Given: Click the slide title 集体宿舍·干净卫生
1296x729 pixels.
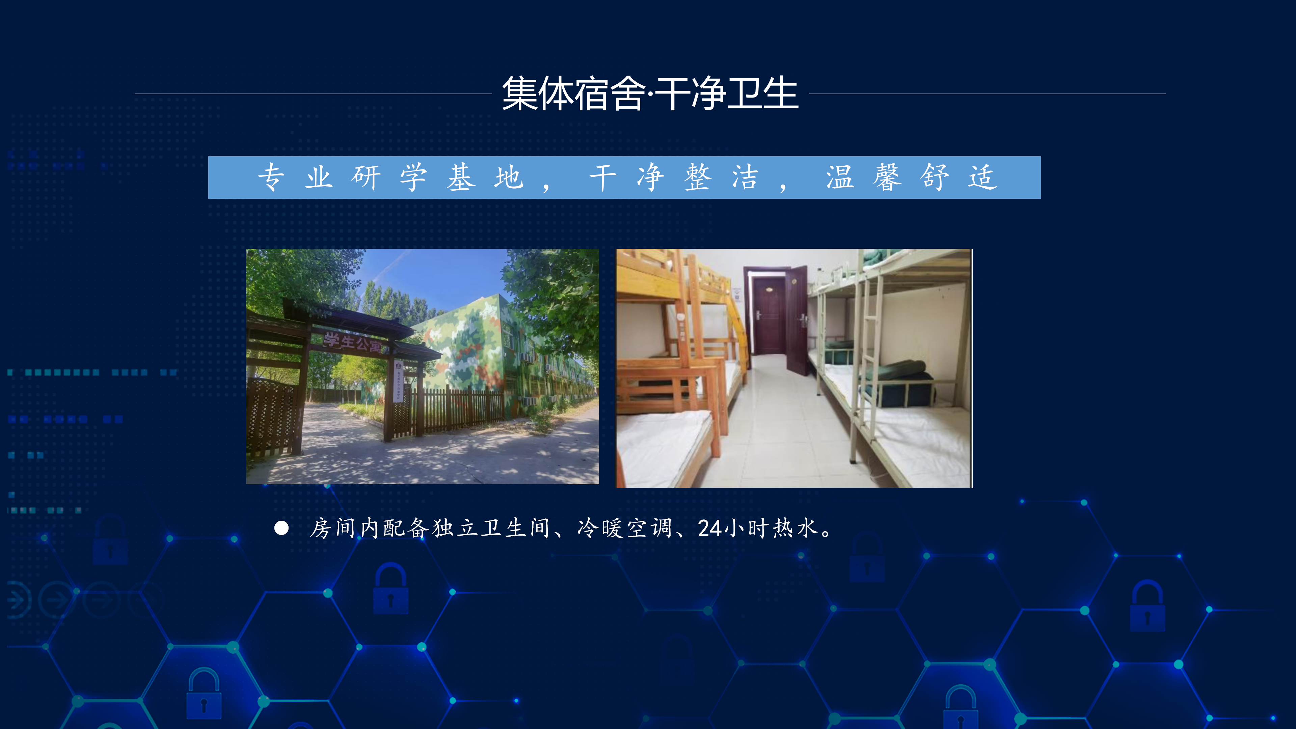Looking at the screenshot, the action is [650, 93].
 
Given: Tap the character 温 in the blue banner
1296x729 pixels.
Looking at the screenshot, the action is [840, 178].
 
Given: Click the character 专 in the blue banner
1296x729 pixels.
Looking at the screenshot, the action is [272, 178].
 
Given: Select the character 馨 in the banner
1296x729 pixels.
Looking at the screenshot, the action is [887, 178].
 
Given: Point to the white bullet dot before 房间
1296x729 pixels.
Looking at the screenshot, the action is [281, 528].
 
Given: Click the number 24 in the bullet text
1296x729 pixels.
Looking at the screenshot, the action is [710, 528].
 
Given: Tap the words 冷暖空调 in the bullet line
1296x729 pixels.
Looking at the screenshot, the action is [624, 528].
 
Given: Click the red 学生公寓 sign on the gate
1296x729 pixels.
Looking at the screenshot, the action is [353, 342].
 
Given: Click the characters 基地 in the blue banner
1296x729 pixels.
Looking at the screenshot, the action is [485, 178].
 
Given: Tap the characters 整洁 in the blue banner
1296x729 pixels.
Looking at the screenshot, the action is [722, 178].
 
